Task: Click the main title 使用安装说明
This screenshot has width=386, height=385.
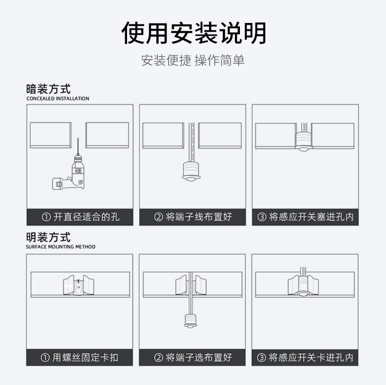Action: coord(193,33)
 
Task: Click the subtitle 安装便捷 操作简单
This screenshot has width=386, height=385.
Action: coord(193,61)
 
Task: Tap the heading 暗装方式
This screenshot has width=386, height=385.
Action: coord(48,89)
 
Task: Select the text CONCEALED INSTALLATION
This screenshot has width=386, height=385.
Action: coord(58,99)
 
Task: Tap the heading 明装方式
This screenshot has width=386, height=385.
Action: coord(48,237)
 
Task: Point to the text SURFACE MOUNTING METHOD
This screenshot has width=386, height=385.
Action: coord(61,247)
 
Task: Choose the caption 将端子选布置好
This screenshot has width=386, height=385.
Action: coord(193,358)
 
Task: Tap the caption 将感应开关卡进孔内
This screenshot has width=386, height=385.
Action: coord(305,358)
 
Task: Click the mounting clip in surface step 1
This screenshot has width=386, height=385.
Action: coord(78,286)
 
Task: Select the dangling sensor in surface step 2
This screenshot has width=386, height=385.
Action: coord(190,321)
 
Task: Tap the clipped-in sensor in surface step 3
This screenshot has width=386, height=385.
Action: coord(303,286)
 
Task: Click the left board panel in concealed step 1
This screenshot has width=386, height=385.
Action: coord(51,135)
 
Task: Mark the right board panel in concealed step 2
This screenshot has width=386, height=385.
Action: coord(219,135)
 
